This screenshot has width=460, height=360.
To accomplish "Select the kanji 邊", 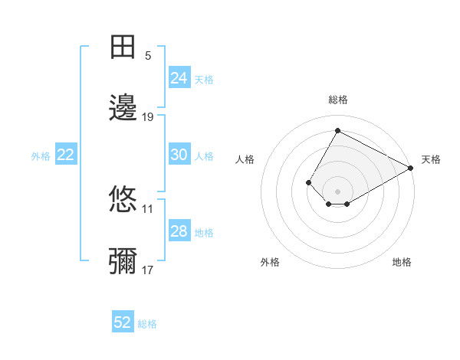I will coord(123,107).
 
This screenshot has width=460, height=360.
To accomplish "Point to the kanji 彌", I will coord(123,261).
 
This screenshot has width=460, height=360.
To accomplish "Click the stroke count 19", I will coord(148,117).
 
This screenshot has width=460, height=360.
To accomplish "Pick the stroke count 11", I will coord(148,208).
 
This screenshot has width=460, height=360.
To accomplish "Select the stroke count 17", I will coord(148,270).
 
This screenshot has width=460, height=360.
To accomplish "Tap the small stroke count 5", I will coord(148,56).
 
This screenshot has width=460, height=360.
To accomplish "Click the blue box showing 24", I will coord(179,78).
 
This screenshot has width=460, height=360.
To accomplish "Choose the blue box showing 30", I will coord(179,155).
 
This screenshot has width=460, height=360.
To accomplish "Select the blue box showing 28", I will coord(179,231).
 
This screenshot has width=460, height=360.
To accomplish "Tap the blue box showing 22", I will coord(66,155).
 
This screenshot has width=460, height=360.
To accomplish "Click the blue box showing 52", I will coord(123,322).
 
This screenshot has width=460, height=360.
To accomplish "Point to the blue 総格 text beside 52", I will coord(147,324).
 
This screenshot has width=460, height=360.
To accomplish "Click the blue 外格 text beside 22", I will coord(41,156).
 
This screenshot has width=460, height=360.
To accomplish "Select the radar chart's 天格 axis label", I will coord(431,159).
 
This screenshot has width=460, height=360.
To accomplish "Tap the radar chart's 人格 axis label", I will coord(245,159).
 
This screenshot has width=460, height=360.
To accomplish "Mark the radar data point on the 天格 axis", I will coord(411,168).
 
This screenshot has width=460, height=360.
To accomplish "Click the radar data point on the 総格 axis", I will coord(337,131).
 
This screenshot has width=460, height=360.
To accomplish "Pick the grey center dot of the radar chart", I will coord(337,191).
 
